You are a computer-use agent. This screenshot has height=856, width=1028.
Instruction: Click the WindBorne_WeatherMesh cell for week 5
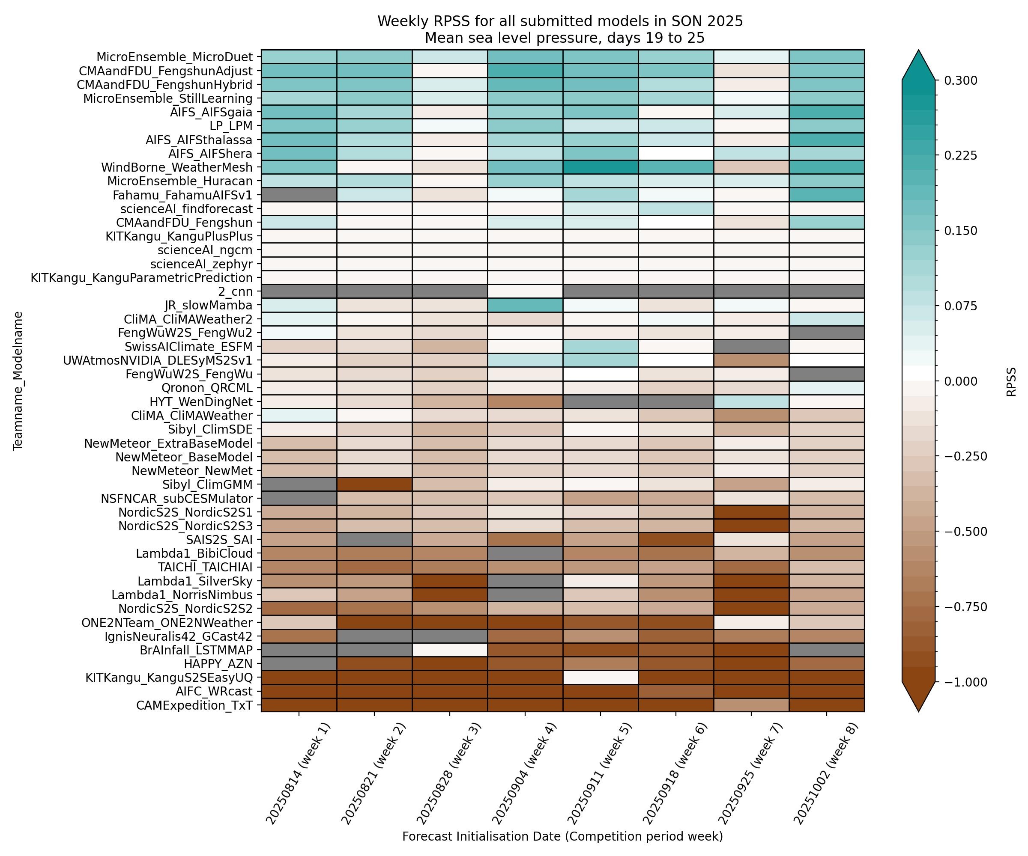600,167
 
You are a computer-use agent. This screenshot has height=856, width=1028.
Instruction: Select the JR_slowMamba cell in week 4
525,306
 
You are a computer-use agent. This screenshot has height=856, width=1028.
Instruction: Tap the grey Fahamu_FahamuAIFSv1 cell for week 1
299,195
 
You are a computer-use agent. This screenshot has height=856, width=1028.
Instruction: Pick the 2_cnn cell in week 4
525,291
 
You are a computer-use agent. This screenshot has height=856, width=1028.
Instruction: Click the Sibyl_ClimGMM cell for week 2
374,485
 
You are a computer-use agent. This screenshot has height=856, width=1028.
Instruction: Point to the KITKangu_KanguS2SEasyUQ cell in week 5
600,678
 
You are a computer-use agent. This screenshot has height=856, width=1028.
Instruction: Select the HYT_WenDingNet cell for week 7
751,402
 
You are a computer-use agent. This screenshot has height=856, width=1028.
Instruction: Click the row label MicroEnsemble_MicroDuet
174,57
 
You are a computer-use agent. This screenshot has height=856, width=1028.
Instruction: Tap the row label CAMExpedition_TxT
194,705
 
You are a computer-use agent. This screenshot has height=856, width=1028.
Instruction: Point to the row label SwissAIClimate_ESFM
188,347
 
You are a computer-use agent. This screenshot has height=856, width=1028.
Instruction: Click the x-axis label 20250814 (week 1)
298,773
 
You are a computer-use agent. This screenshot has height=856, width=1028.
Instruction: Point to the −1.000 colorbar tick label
960,682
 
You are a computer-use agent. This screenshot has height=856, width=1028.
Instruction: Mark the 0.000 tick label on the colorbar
960,381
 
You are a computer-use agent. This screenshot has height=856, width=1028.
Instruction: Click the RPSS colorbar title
1011,381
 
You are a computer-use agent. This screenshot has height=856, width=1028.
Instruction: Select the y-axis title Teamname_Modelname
18,380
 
